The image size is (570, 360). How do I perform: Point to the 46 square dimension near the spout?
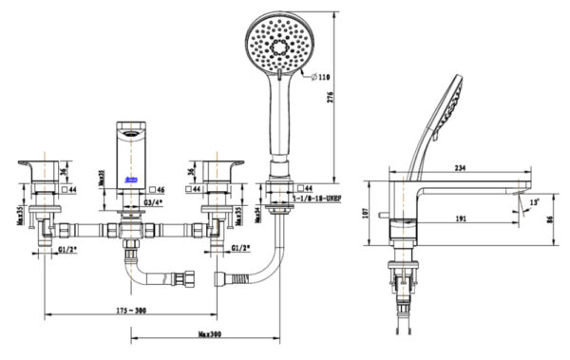coord(157,190)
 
